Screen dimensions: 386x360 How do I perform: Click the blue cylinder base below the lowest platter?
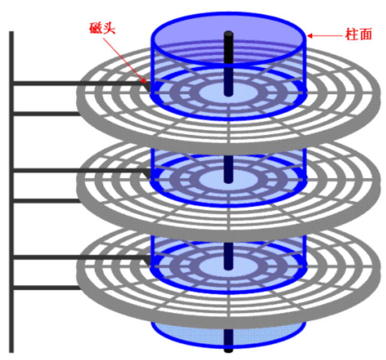click(192, 333)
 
